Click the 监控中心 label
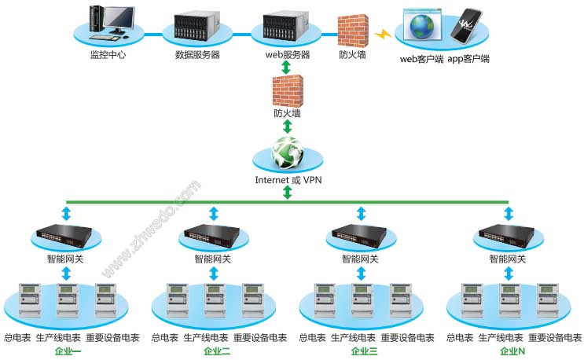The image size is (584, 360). [x=108, y=55]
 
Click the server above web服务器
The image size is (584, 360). [x=286, y=25]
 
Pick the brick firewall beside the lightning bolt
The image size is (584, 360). [x=353, y=31]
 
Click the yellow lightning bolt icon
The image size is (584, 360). [x=383, y=35]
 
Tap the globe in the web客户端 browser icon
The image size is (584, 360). [x=422, y=26]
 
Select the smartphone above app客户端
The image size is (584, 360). [x=466, y=26]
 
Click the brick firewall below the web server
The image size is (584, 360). [x=288, y=91]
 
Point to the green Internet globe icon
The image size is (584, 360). [x=287, y=153]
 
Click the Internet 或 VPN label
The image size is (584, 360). [x=288, y=180]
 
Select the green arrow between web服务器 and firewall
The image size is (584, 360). [x=286, y=68]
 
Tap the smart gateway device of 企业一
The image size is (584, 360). [x=64, y=236]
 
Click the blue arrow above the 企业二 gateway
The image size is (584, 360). [x=214, y=214]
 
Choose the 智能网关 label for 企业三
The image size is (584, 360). [x=360, y=259]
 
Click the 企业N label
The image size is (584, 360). [x=512, y=351]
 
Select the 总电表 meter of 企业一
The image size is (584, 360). [x=30, y=300]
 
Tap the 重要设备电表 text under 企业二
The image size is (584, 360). [x=260, y=338]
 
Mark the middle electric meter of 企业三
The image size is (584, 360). [x=362, y=300]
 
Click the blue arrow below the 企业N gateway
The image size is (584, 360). [x=509, y=274]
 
